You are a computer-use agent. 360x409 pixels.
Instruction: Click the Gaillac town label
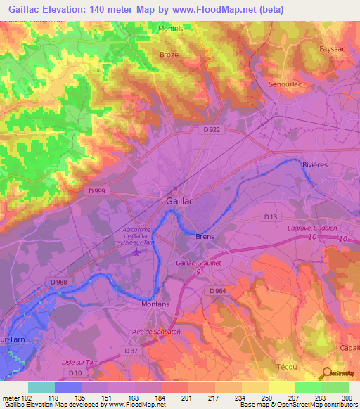click(x=180, y=200)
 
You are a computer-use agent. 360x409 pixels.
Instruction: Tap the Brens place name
click(x=205, y=237)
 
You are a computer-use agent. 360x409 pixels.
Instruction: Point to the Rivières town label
click(x=315, y=164)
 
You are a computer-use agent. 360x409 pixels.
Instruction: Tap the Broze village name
click(x=169, y=54)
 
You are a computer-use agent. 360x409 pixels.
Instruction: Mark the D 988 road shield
click(x=61, y=282)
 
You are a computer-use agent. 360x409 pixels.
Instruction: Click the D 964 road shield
click(x=217, y=290)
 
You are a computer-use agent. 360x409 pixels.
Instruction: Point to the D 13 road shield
click(x=269, y=216)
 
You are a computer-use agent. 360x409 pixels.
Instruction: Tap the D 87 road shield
click(x=131, y=350)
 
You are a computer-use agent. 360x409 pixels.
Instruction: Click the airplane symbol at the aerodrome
click(x=136, y=252)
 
